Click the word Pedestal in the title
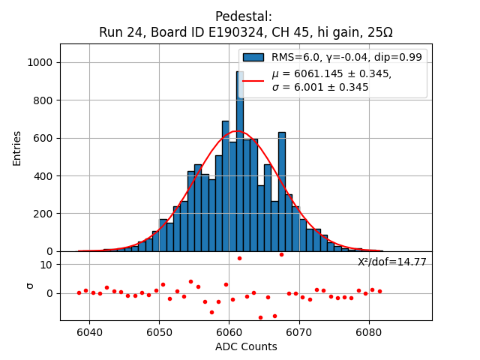click(243, 16)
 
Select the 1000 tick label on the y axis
click(39, 62)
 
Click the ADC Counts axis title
click(246, 346)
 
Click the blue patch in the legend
click(253, 57)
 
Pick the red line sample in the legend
click(253, 80)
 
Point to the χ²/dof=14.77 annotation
click(391, 262)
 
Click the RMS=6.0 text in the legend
click(294, 57)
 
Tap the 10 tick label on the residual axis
click(46, 265)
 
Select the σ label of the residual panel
click(30, 286)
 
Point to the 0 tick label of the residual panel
click(49, 293)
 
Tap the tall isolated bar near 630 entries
click(282, 191)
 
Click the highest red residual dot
click(281, 254)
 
